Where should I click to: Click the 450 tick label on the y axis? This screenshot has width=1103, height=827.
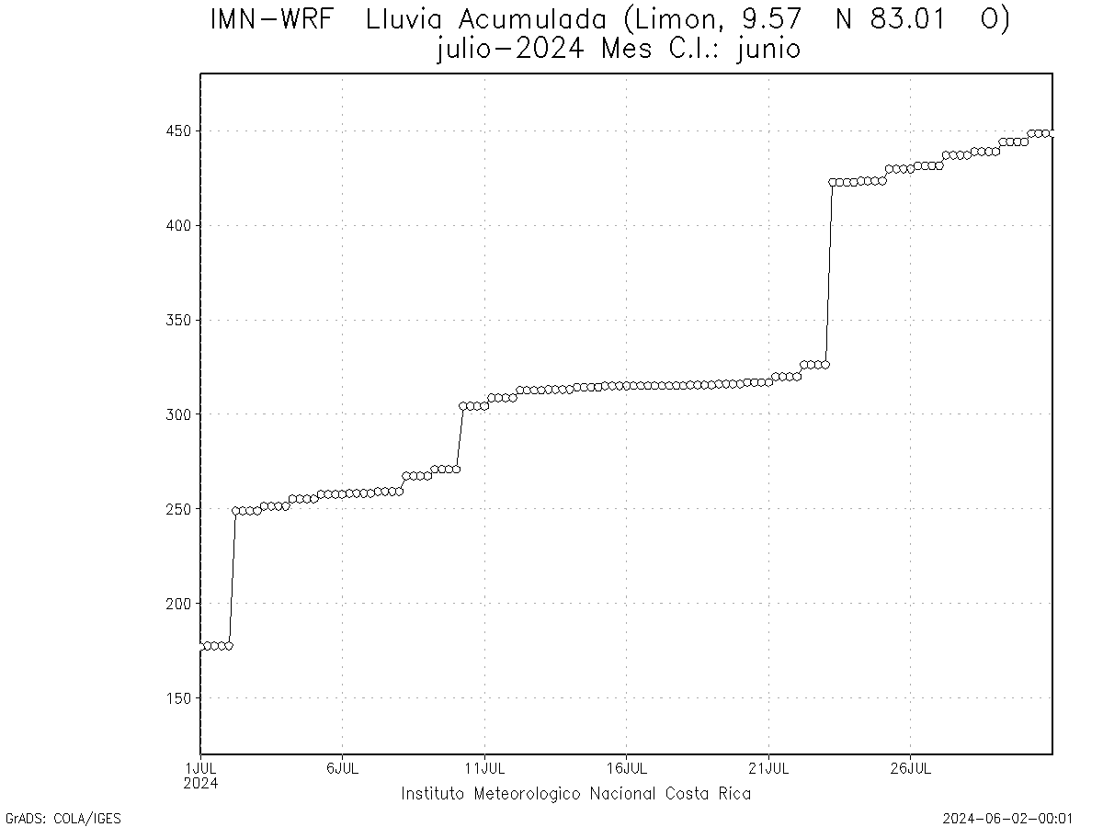pos(177,131)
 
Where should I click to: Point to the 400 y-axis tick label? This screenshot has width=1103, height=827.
pos(177,226)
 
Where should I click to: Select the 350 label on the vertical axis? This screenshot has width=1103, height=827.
pos(177,321)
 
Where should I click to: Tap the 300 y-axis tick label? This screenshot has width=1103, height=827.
pos(177,415)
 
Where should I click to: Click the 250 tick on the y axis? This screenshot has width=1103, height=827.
pos(177,509)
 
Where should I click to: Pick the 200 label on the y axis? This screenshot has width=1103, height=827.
pos(177,604)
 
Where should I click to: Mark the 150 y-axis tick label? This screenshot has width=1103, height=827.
pos(177,698)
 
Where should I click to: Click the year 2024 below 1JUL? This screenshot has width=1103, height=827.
pos(200,784)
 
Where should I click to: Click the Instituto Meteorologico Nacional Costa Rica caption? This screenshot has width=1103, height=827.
pos(575,794)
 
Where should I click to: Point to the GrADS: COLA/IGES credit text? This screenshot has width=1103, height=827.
pos(63,818)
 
